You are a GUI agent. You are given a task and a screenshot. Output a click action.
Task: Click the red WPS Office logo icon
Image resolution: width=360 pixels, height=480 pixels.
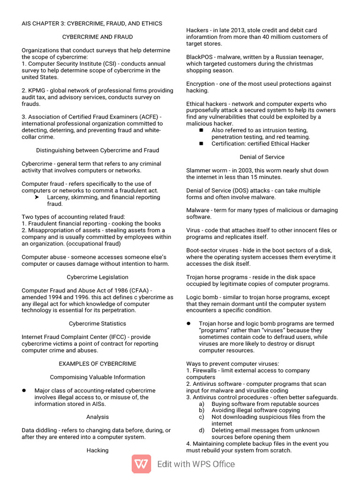click(141, 464)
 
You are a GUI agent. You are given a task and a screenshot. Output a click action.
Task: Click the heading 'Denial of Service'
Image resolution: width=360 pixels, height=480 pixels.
click(262, 157)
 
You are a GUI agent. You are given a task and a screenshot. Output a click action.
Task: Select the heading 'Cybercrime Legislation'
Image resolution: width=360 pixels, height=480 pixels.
click(97, 277)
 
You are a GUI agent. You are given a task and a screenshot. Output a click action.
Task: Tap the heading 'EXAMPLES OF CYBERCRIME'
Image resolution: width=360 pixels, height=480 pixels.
click(97, 363)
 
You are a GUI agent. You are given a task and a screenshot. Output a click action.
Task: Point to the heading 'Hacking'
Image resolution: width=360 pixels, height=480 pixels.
click(97, 450)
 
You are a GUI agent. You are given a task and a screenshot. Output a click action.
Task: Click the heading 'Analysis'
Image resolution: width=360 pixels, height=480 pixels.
click(97, 417)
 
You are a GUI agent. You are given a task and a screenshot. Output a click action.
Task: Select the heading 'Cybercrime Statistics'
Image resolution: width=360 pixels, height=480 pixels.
click(97, 323)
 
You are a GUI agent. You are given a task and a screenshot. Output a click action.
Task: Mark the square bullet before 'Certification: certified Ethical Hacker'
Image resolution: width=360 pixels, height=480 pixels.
click(201, 144)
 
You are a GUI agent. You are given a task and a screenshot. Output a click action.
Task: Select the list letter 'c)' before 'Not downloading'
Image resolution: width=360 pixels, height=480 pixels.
click(202, 417)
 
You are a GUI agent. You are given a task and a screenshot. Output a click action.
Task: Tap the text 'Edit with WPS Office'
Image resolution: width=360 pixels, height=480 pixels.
click(196, 464)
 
